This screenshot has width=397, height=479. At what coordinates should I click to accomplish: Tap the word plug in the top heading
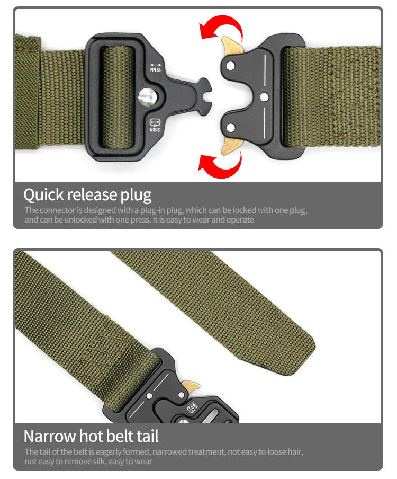[x=136, y=196]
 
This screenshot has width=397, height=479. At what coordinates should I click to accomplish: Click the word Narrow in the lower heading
[x=49, y=437]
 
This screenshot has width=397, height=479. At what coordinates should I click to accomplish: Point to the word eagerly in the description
[x=111, y=452]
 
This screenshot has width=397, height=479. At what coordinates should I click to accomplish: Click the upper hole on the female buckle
[x=231, y=65]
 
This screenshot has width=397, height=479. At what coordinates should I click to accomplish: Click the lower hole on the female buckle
[x=231, y=127]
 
